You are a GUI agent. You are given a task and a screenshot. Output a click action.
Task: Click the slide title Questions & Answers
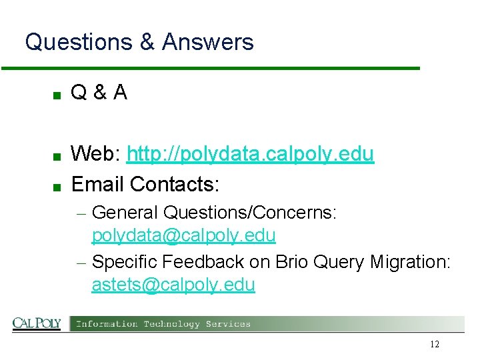(139, 43)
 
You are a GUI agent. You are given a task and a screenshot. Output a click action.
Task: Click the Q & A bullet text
(99, 93)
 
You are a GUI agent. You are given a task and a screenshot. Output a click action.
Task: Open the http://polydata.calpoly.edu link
(250, 154)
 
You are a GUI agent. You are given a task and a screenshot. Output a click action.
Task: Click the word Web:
(96, 154)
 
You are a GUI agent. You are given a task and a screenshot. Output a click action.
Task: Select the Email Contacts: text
(145, 183)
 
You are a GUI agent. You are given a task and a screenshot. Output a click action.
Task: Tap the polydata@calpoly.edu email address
(183, 236)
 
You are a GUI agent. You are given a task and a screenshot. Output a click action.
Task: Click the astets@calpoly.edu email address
(173, 285)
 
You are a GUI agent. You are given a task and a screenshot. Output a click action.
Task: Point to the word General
(125, 213)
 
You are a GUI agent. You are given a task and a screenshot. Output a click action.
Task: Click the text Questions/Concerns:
(250, 213)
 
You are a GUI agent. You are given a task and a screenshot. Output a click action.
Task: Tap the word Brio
(273, 262)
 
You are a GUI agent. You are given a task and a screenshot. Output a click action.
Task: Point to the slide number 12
(435, 345)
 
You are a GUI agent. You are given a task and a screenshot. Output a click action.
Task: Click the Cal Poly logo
(37, 324)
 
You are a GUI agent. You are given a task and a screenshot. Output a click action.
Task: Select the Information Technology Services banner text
(163, 324)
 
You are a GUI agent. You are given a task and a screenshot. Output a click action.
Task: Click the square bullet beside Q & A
(57, 95)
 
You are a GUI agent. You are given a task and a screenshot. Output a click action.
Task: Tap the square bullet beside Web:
(57, 157)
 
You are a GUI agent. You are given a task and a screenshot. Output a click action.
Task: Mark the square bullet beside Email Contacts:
(57, 185)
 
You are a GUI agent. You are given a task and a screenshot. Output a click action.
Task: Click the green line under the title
(210, 68)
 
